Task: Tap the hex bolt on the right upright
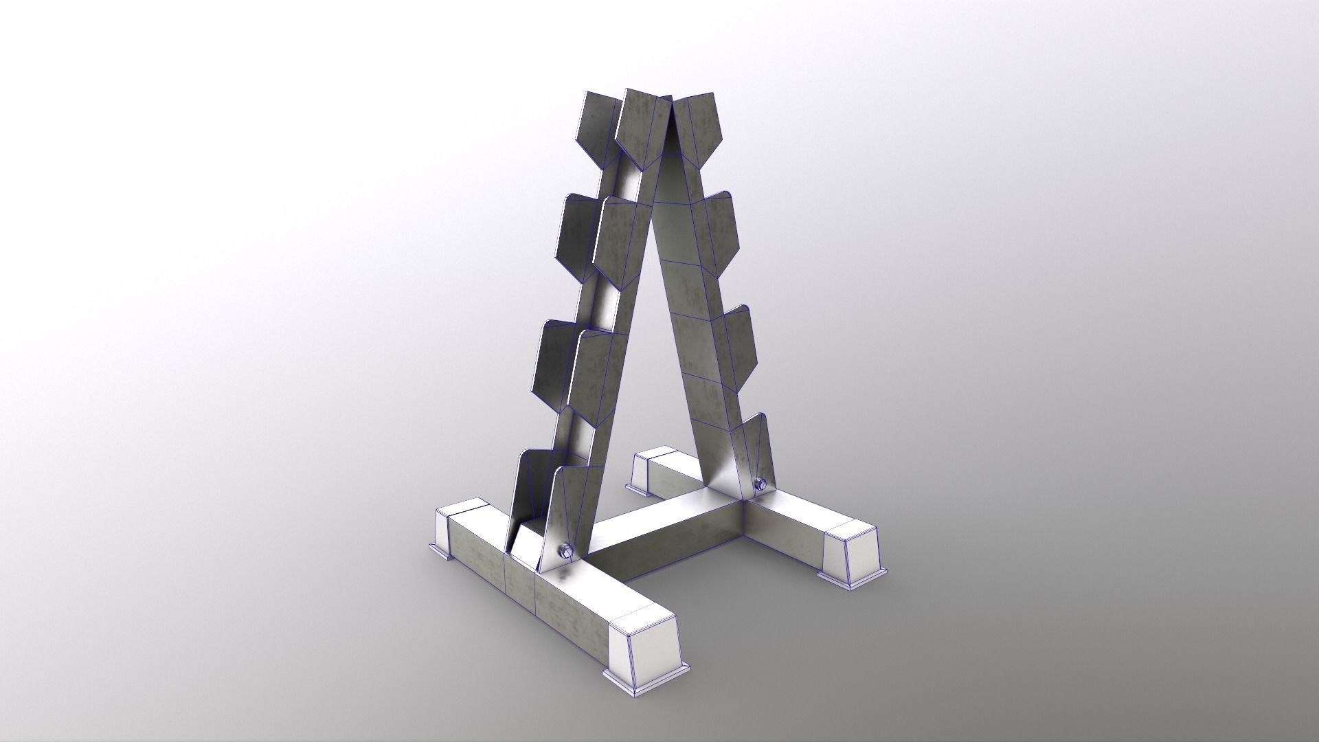[x=760, y=484]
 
